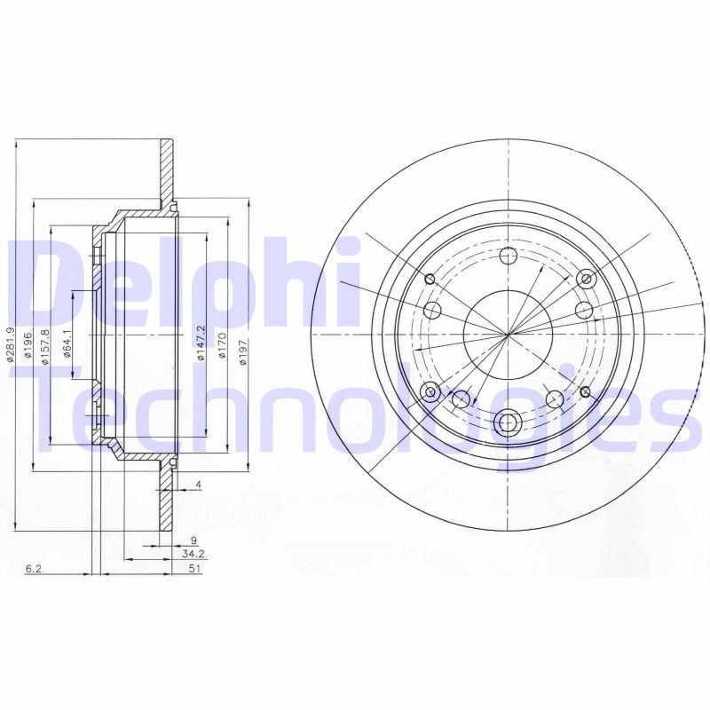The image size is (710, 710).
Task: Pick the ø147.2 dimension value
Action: coord(201,343)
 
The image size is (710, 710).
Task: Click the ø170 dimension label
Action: coord(222,347)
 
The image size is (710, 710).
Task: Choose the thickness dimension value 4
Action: coord(199,485)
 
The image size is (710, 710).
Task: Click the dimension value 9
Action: coord(193,540)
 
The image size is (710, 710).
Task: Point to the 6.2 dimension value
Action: coord(35,569)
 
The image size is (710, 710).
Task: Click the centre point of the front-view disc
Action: coord(509,334)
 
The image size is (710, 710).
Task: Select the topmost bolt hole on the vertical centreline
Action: coord(509,257)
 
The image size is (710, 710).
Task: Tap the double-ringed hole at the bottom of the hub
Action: coord(509,422)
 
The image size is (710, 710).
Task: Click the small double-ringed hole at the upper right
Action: coord(586,280)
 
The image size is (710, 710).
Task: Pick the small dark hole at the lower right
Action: coord(585,391)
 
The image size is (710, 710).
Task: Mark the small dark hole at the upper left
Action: coord(430,280)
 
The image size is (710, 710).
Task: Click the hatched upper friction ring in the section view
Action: coord(166,173)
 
